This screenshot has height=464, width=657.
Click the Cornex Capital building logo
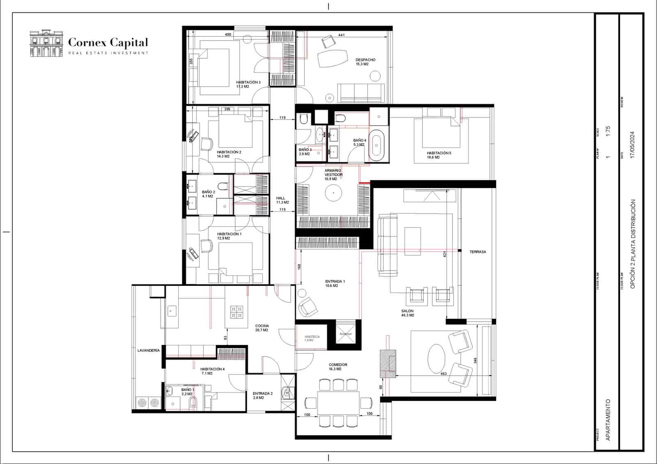46,43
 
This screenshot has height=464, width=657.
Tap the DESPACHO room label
365,60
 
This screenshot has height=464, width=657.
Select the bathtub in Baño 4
376,145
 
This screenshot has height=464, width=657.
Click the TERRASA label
478,252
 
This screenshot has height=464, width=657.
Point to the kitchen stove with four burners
237,312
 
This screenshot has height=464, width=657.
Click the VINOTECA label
312,337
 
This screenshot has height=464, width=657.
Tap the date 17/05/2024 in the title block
632,145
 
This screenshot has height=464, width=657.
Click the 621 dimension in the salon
445,255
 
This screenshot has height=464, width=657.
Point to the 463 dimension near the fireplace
443,374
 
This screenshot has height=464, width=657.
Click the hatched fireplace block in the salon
388,363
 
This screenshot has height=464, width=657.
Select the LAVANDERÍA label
148,351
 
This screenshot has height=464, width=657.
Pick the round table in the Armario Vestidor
333,192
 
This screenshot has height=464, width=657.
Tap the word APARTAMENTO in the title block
608,420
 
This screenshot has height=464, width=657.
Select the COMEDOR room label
338,365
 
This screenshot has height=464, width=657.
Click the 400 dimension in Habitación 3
228,34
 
